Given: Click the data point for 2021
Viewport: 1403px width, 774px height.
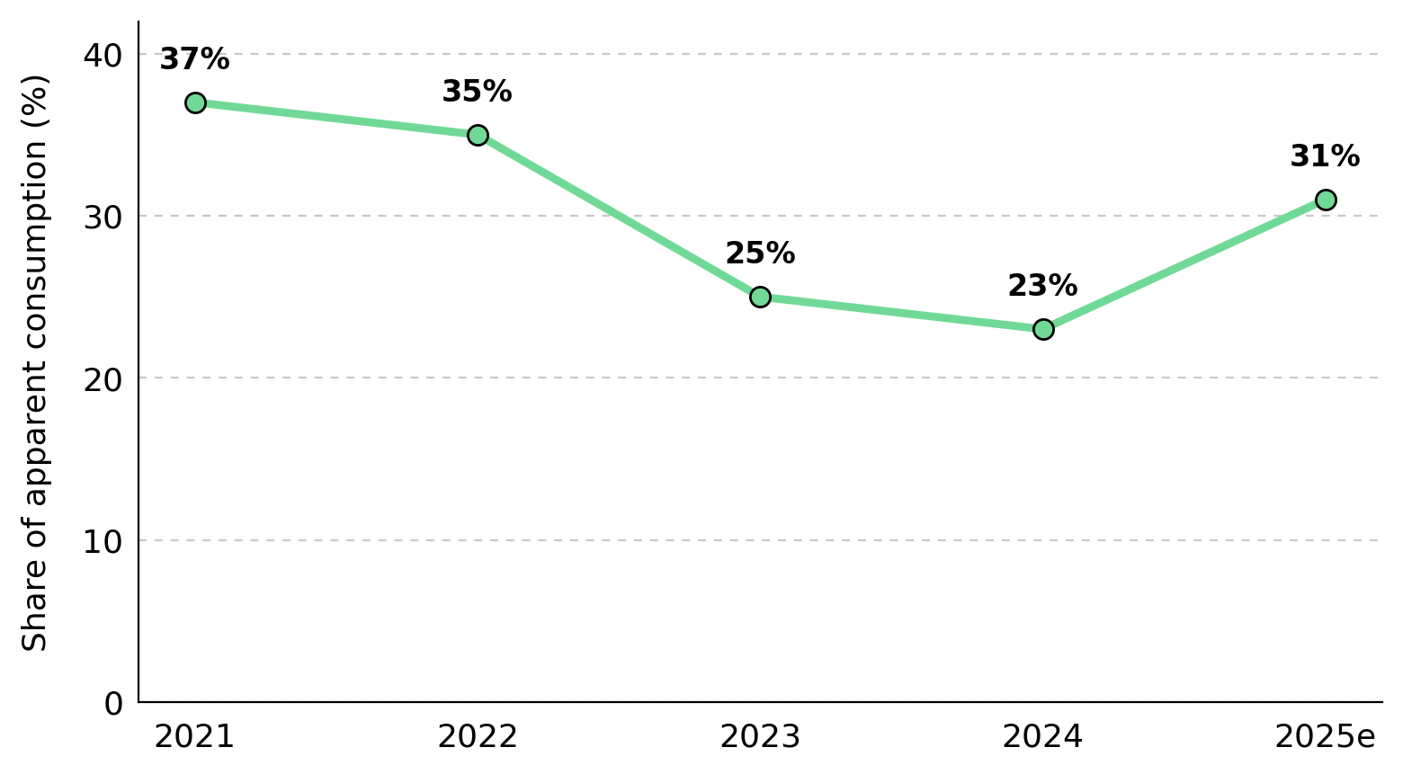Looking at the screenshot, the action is (195, 102).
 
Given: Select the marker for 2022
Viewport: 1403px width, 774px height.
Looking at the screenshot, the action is (478, 135).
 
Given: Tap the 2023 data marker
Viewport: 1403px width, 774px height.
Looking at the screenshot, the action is (760, 297).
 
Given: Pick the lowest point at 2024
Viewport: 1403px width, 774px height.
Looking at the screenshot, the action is (1043, 329).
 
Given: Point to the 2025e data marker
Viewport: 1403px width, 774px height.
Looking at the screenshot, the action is (1326, 200).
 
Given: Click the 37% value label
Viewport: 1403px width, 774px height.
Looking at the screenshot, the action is (195, 59).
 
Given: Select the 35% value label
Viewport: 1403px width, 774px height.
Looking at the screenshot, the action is (478, 92).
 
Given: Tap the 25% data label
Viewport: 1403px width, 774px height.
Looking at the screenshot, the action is (760, 254).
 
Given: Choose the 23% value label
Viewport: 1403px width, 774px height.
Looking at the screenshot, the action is (1043, 286).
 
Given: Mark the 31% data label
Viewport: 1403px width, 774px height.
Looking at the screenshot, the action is (1326, 156).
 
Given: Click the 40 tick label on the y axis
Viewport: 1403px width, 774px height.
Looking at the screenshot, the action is (103, 56).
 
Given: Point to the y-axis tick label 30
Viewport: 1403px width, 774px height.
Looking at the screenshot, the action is (103, 218).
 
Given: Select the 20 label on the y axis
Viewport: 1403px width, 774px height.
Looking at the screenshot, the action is (103, 380).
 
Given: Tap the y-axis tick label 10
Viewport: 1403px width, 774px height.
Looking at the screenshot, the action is (103, 542).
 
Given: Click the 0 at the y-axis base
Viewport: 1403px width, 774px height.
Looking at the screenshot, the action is (113, 704).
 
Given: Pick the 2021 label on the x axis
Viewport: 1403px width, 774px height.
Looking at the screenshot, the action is (194, 736).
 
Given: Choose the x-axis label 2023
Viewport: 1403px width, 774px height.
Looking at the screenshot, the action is (760, 736).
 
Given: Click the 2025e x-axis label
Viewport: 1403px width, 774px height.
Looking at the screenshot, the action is (1326, 736).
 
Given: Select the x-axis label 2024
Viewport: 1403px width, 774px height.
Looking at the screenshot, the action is (1042, 736).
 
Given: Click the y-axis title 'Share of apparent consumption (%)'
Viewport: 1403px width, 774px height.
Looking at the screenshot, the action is (34, 363).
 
